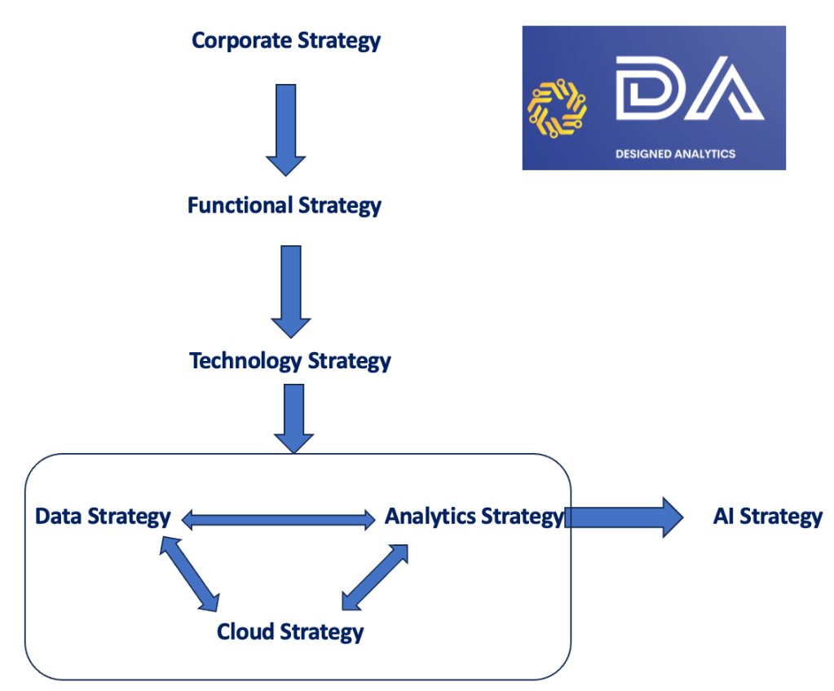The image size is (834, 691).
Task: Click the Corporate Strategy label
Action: tap(286, 40)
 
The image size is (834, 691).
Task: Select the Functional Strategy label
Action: tap(285, 205)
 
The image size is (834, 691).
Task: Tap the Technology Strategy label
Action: tap(290, 360)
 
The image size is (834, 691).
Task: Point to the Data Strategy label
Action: tap(103, 516)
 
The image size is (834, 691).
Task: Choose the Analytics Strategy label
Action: tap(474, 516)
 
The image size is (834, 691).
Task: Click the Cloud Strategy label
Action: tap(290, 631)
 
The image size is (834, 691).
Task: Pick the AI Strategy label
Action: tap(768, 516)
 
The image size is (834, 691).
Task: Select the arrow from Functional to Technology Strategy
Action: tap(291, 290)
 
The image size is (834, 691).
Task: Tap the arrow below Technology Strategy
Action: tap(293, 417)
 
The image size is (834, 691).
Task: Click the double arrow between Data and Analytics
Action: tap(277, 517)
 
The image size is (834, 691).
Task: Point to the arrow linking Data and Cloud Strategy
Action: tap(189, 575)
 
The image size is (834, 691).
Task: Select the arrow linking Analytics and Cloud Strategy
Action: tap(374, 577)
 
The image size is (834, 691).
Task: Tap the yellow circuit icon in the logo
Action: tap(558, 108)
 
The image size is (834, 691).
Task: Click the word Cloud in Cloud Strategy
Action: tap(245, 631)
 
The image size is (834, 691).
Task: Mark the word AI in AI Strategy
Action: tap(724, 516)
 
